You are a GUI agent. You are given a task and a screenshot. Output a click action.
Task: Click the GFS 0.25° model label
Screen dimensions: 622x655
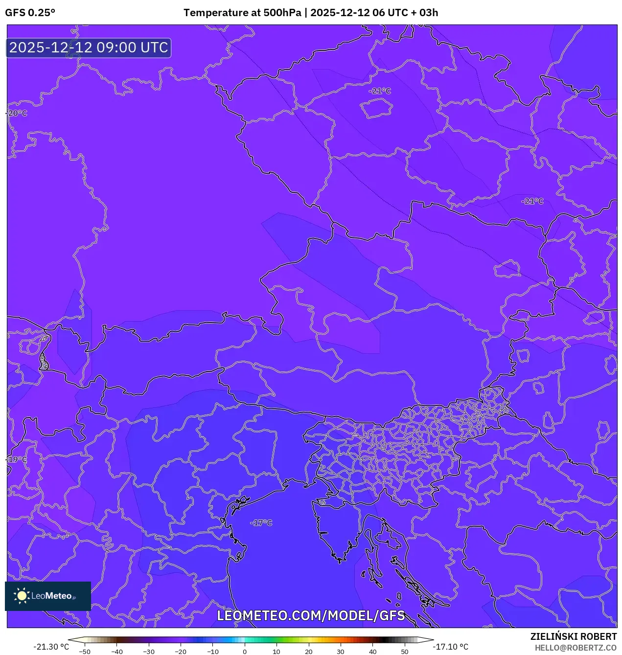30,13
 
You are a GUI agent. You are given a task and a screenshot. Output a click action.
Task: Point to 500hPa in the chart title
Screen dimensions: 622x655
282,13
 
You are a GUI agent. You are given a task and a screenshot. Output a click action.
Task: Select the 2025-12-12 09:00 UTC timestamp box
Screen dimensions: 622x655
89,48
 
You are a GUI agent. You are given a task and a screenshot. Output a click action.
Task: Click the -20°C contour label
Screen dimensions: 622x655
17,114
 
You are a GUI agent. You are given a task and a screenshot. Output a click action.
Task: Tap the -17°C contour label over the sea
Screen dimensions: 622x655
261,523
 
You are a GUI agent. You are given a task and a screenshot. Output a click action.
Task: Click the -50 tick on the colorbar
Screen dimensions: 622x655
85,652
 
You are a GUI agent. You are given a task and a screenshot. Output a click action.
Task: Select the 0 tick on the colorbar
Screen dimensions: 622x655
245,652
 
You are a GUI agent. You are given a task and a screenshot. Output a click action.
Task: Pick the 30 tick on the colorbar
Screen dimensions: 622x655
341,652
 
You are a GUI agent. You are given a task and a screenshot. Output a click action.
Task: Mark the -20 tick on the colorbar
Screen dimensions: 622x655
181,652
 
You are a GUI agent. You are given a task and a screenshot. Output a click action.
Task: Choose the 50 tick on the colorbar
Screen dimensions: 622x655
404,652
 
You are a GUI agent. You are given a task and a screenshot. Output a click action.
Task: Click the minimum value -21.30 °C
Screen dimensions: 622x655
51,647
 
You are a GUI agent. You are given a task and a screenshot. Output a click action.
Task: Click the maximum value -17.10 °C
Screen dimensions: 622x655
451,647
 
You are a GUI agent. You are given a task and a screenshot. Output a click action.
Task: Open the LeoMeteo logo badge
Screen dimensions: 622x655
48,596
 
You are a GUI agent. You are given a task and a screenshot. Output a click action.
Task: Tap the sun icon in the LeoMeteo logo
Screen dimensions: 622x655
22,596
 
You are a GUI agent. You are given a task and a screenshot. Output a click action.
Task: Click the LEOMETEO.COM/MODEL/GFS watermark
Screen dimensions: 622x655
311,615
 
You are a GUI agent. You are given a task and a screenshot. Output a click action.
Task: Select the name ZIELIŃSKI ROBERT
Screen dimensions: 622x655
574,636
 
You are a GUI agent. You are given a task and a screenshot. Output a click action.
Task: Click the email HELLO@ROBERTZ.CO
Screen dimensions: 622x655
576,648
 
